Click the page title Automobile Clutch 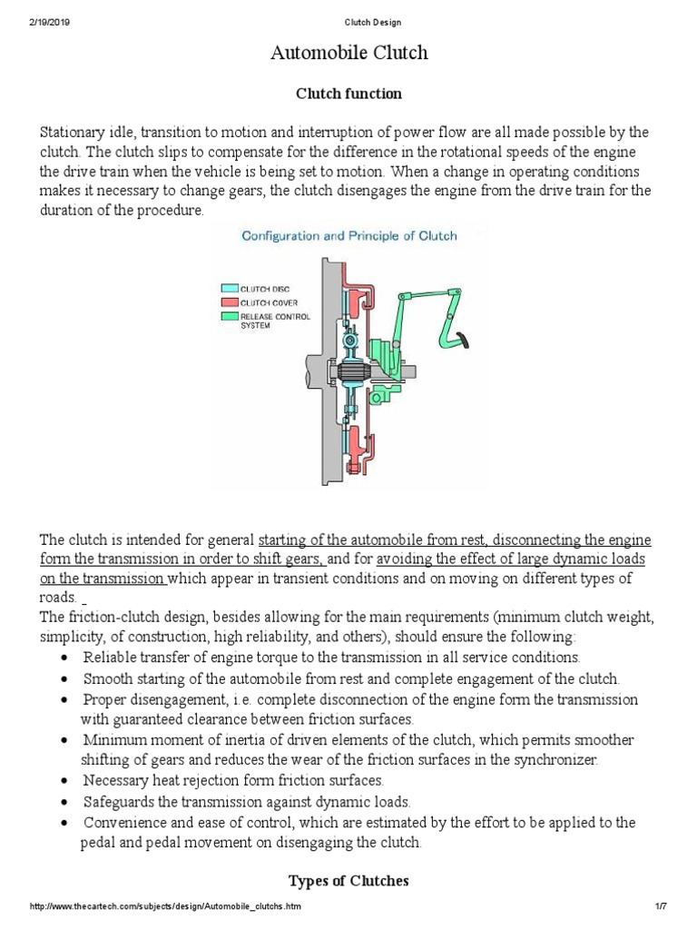(348, 54)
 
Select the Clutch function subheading (349, 94)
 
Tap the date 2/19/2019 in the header (48, 22)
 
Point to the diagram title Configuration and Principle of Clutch (348, 236)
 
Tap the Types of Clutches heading (348, 880)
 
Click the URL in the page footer (166, 908)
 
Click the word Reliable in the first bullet (108, 657)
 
